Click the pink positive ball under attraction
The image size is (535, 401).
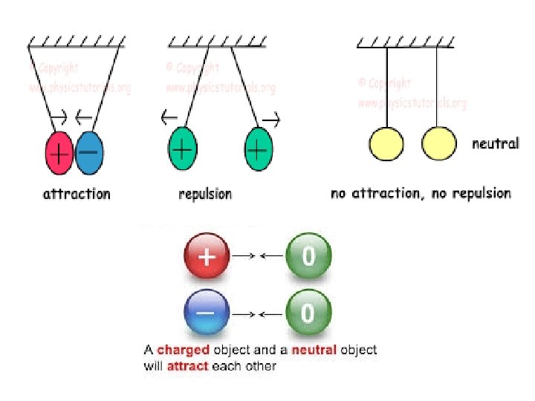(59, 154)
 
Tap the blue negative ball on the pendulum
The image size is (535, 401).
(89, 154)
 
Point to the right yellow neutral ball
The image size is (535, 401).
(438, 143)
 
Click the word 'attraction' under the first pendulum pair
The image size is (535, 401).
(77, 194)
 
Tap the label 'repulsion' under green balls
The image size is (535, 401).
(204, 194)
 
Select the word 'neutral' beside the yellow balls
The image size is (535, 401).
(495, 143)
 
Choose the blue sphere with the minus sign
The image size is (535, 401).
(206, 313)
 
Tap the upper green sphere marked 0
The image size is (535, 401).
(308, 256)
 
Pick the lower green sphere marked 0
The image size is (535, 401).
(308, 313)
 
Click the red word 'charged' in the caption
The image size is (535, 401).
(184, 349)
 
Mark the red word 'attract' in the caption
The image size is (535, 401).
(187, 365)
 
